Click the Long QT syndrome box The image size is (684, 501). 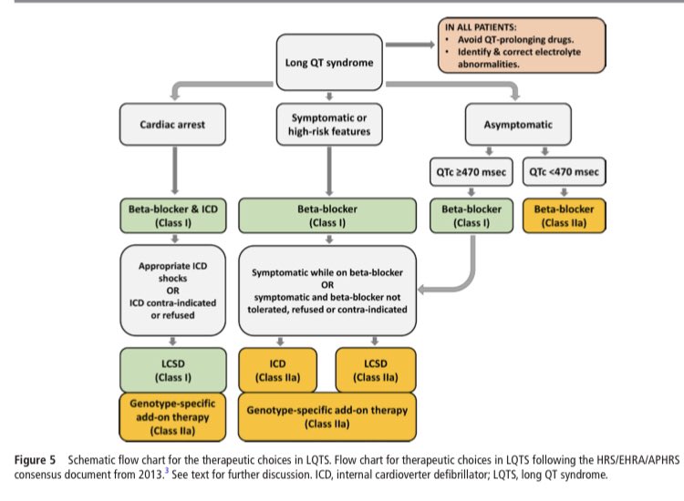tap(328, 62)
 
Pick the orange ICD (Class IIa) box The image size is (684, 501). tap(278, 368)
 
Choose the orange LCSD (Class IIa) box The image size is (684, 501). tap(375, 368)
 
